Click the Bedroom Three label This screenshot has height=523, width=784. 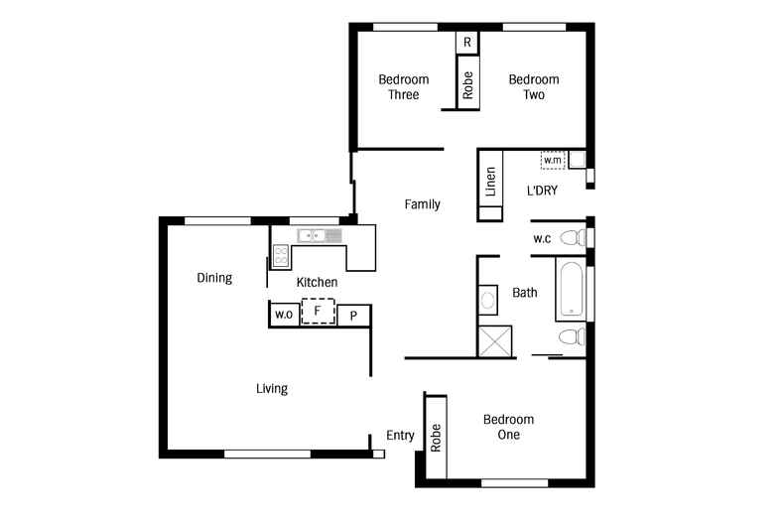click(404, 87)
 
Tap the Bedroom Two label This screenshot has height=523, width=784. click(534, 87)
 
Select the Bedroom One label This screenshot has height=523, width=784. click(508, 427)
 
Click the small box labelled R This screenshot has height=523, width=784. click(467, 43)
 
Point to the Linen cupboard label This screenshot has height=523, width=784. click(490, 181)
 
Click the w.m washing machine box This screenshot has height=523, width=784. click(553, 160)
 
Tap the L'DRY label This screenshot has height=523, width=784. click(542, 191)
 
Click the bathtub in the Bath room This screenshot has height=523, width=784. click(571, 290)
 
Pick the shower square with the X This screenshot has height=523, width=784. click(495, 341)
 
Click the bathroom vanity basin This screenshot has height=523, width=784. click(488, 300)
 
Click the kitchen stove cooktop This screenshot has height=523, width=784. click(281, 256)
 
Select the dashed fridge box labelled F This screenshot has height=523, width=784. click(318, 311)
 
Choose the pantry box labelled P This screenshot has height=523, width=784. click(353, 316)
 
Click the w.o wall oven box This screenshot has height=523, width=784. click(284, 315)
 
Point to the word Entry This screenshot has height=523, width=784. click(400, 436)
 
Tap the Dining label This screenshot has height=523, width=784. click(214, 278)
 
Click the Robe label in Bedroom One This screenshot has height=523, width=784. click(436, 438)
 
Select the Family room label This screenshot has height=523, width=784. click(423, 204)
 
